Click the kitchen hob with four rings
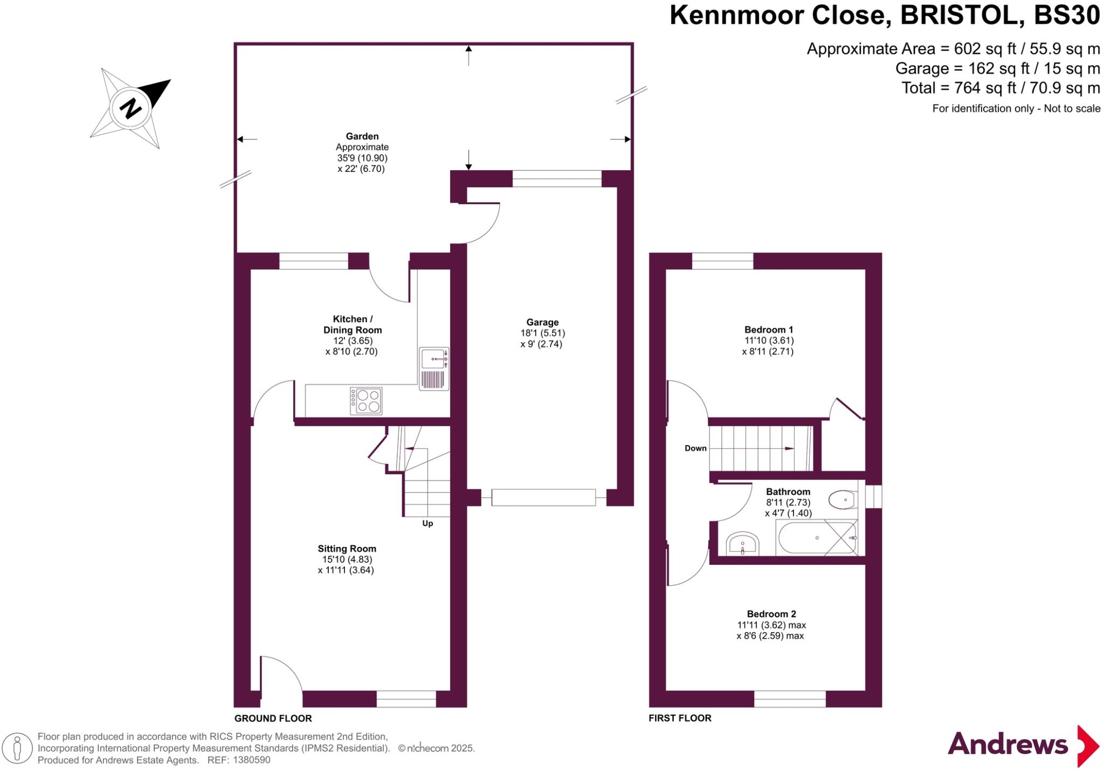point(366,401)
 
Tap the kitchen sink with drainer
point(434,369)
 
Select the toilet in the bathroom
point(843,500)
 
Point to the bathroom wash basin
point(742,543)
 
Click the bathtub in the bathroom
point(817,538)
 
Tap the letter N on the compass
point(130,108)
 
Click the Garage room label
point(542,322)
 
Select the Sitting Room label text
point(347,549)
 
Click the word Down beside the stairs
point(695,448)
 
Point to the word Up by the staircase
point(427,523)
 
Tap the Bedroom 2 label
point(771,614)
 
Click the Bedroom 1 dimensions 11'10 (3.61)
point(769,341)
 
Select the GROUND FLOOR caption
point(273,718)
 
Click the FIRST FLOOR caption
point(680,718)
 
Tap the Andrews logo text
point(1008,744)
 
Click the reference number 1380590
point(252,760)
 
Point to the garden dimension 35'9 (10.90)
point(362,158)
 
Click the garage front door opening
point(543,497)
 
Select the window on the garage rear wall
point(556,178)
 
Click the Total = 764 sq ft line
point(1000,88)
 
